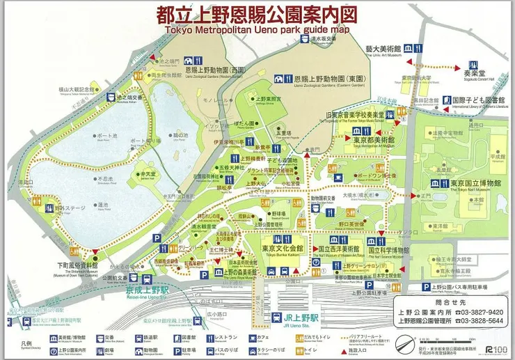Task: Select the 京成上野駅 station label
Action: pyautogui.click(x=127, y=288)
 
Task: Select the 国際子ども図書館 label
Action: pyautogui.click(x=480, y=100)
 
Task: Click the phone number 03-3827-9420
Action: pyautogui.click(x=480, y=312)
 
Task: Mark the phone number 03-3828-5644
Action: pyautogui.click(x=480, y=321)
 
